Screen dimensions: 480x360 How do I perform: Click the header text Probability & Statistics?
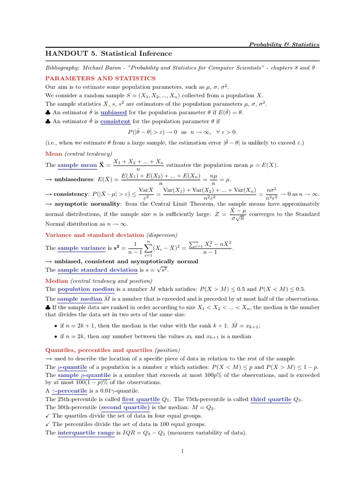(284, 45)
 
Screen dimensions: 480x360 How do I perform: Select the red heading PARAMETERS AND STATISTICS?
(100, 78)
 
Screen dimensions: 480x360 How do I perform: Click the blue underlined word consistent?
(115, 121)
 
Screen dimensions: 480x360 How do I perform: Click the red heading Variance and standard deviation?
(95, 234)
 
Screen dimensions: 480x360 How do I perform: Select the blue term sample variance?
(82, 247)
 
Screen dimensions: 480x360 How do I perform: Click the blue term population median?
(87, 289)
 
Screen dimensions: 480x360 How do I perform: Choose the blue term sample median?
(80, 299)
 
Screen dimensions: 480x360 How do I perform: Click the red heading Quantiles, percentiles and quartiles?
(98, 350)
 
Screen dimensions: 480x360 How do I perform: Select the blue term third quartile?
(271, 399)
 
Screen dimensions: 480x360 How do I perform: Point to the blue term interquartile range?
(86, 433)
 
